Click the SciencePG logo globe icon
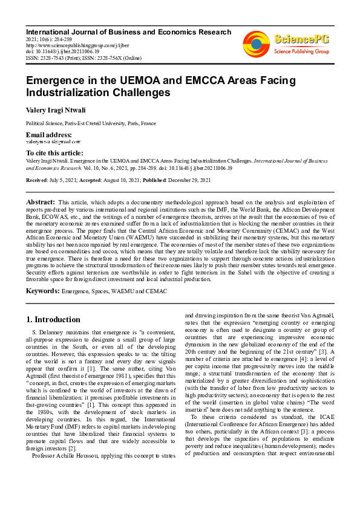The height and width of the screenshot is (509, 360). point(256,43)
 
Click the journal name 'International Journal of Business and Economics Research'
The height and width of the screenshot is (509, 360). point(128,32)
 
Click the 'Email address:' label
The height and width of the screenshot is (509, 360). point(49,134)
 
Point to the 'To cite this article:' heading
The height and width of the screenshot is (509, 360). point(55,154)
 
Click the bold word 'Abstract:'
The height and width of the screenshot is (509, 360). point(41,202)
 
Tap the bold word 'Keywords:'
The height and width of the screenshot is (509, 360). point(43,291)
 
